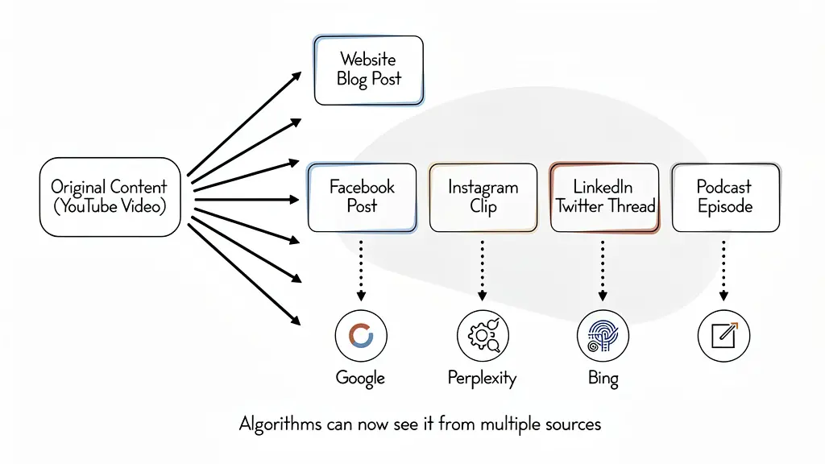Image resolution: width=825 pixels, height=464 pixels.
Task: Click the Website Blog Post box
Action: (x=368, y=70)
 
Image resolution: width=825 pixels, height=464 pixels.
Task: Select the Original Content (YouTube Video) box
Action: (x=110, y=197)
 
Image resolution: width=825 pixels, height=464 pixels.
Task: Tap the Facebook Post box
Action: (x=362, y=197)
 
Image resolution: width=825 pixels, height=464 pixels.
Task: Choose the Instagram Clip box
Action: (x=483, y=197)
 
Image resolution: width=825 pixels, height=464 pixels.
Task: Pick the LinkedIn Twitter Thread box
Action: (x=604, y=197)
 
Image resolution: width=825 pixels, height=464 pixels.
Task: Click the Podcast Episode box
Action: (x=725, y=197)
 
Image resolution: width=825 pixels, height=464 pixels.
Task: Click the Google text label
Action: (x=360, y=378)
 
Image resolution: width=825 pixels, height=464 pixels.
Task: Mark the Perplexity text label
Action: (x=482, y=378)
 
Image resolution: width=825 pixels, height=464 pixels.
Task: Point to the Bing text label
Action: (x=603, y=378)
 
